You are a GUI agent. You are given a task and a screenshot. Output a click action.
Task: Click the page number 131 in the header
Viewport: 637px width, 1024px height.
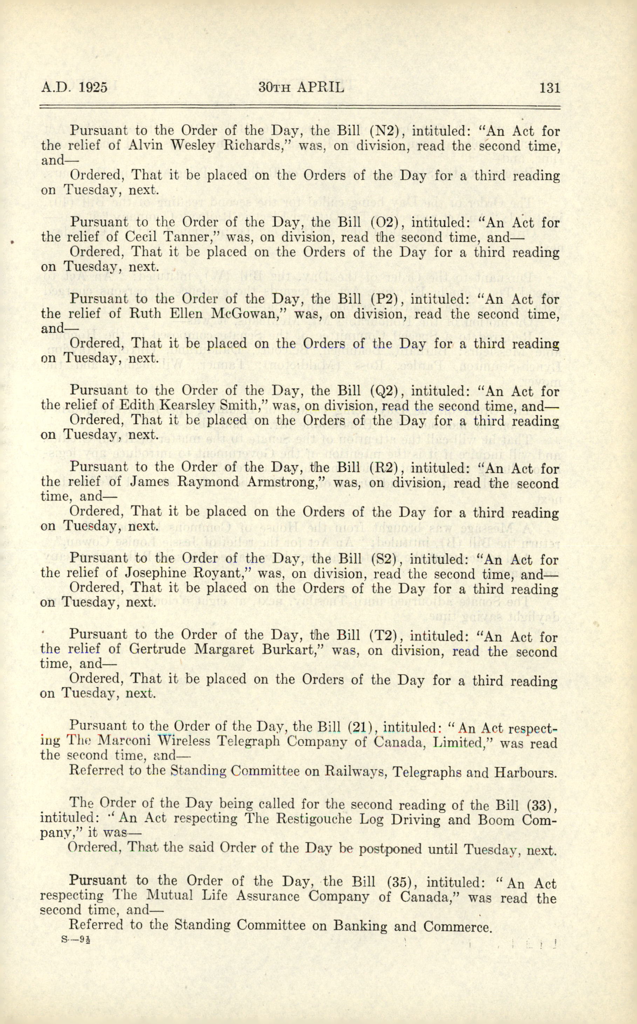[549, 88]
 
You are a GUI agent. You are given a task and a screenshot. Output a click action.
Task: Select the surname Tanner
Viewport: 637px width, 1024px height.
[186, 237]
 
